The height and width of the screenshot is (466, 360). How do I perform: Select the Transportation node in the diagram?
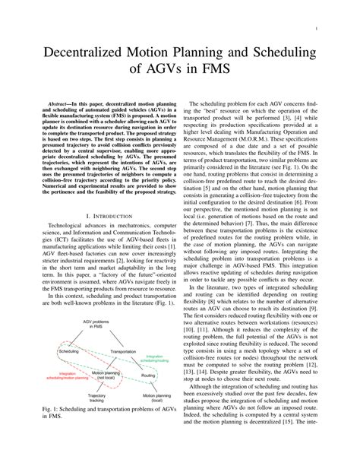[122, 352]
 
